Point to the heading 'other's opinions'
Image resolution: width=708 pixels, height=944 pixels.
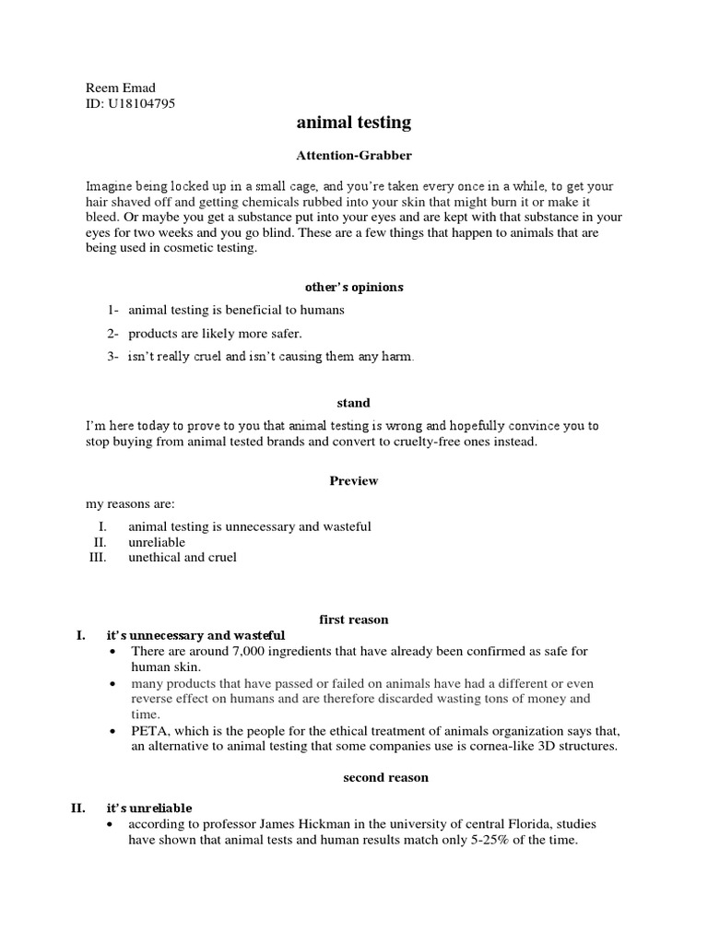coord(353,287)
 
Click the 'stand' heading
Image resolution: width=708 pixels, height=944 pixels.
coord(353,403)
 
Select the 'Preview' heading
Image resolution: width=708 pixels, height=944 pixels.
coord(353,480)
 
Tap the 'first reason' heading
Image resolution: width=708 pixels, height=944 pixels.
coord(353,619)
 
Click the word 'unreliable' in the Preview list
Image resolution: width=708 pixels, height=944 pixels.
coord(157,542)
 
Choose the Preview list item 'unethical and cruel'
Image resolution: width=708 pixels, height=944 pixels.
coord(183,558)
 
